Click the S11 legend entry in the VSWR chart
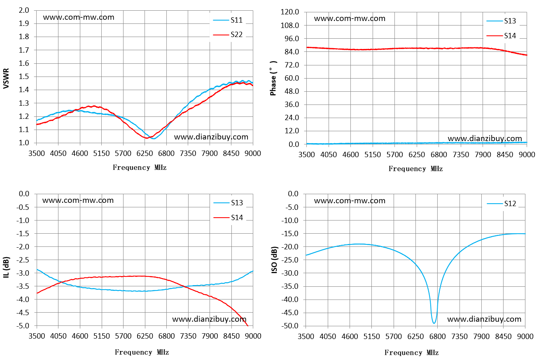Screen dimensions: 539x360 pos(228,20)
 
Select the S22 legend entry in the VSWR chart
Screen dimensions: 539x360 pos(228,35)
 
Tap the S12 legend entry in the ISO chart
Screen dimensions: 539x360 pos(502,204)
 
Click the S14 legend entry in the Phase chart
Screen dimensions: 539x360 pos(501,36)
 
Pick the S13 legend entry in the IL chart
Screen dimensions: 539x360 pos(228,203)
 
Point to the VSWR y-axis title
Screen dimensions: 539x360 pos(6,79)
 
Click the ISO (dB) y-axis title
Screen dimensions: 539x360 pos(274,260)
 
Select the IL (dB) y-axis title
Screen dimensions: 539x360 pos(6,267)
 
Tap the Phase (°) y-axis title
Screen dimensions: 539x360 pos(273,78)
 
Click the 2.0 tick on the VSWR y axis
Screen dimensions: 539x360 pos(24,10)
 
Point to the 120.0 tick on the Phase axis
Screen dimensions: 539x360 pos(290,12)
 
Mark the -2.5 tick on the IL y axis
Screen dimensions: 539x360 pos(23,260)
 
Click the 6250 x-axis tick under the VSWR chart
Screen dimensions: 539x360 pos(145,153)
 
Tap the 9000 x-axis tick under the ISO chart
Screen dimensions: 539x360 pos(525,336)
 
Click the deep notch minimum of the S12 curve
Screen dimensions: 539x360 pos(434,323)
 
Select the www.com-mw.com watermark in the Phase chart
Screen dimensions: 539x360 pos(350,19)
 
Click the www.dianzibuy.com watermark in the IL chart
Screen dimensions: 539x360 pos(209,319)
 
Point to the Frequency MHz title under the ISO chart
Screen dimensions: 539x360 pos(411,353)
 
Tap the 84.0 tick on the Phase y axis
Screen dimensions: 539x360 pos(292,52)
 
